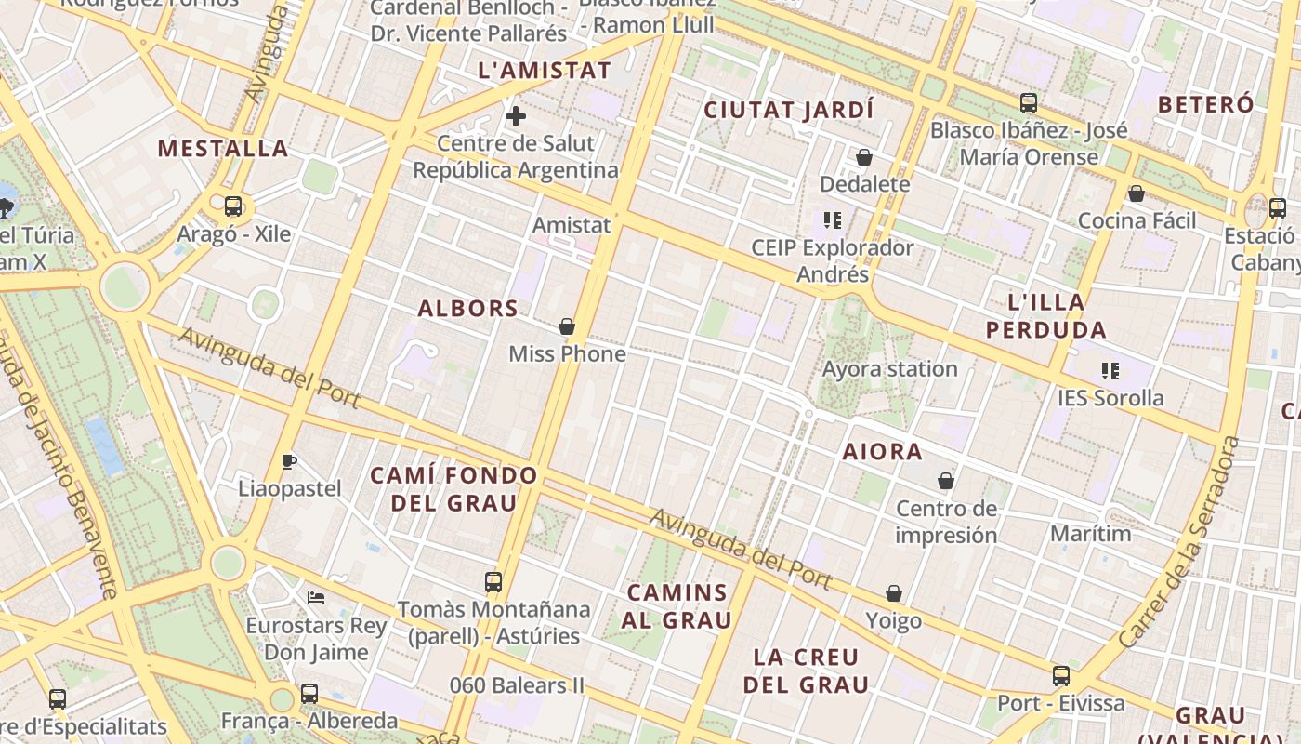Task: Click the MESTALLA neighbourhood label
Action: click(x=223, y=148)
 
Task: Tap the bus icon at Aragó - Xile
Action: click(x=233, y=206)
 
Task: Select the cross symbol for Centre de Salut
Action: click(x=515, y=116)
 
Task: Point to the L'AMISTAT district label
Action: click(x=545, y=71)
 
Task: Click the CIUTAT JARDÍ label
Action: click(x=789, y=110)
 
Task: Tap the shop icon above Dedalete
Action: click(x=864, y=157)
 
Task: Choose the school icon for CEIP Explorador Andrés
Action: click(x=833, y=220)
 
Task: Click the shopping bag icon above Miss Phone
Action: click(x=567, y=326)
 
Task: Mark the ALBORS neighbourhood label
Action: click(x=468, y=309)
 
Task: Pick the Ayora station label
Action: click(x=889, y=369)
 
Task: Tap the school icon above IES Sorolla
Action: click(x=1110, y=371)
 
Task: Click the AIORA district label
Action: click(x=883, y=452)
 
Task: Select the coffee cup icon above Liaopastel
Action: click(x=289, y=461)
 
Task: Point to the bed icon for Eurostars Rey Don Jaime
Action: click(x=316, y=597)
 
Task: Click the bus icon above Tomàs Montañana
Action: click(x=493, y=582)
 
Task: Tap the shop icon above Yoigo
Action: click(x=894, y=593)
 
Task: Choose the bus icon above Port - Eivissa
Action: click(x=1061, y=676)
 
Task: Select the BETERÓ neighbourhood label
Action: click(x=1206, y=104)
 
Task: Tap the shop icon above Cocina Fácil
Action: click(x=1136, y=193)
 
